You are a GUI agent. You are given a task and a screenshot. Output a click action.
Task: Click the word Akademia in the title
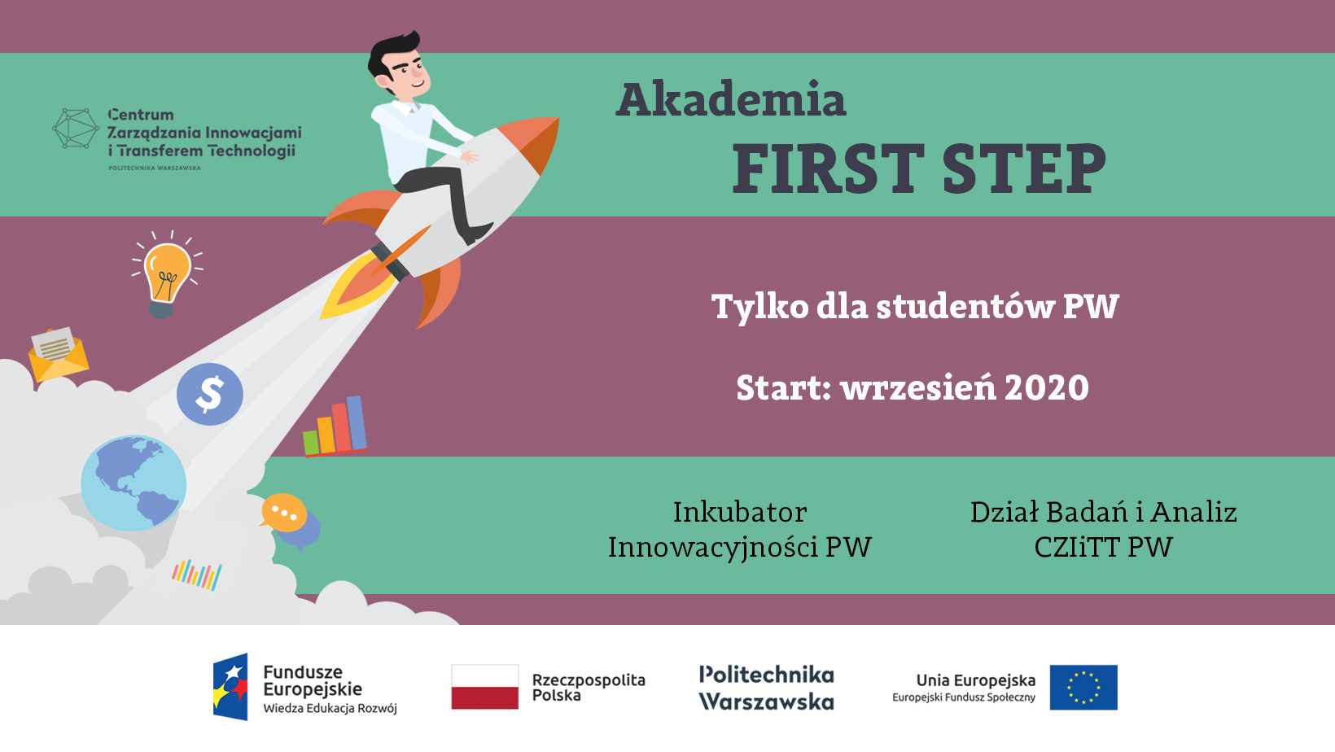pos(731,99)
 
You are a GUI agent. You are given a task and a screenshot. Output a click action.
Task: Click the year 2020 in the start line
pos(1046,388)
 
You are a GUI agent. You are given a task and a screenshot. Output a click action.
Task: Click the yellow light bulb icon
pos(168,275)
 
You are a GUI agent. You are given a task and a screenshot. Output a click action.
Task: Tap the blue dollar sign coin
pos(210,394)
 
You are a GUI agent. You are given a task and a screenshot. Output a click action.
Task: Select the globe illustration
pos(133,483)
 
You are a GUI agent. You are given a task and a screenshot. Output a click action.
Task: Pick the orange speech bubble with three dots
pos(283,513)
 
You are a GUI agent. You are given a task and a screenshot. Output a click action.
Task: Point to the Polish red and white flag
pos(484,687)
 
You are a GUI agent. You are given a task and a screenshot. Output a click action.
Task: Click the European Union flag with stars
pos(1083,688)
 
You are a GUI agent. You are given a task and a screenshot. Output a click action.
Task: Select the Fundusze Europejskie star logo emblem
pos(230,687)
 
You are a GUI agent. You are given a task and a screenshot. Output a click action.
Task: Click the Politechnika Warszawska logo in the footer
pos(767,688)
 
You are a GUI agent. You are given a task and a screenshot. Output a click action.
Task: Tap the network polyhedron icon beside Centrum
pos(75,128)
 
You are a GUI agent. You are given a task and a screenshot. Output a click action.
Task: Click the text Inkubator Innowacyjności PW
pos(740,529)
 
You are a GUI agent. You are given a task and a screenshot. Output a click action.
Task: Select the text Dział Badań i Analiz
pos(1103,512)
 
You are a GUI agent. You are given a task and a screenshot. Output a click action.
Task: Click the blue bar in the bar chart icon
pos(357,422)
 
